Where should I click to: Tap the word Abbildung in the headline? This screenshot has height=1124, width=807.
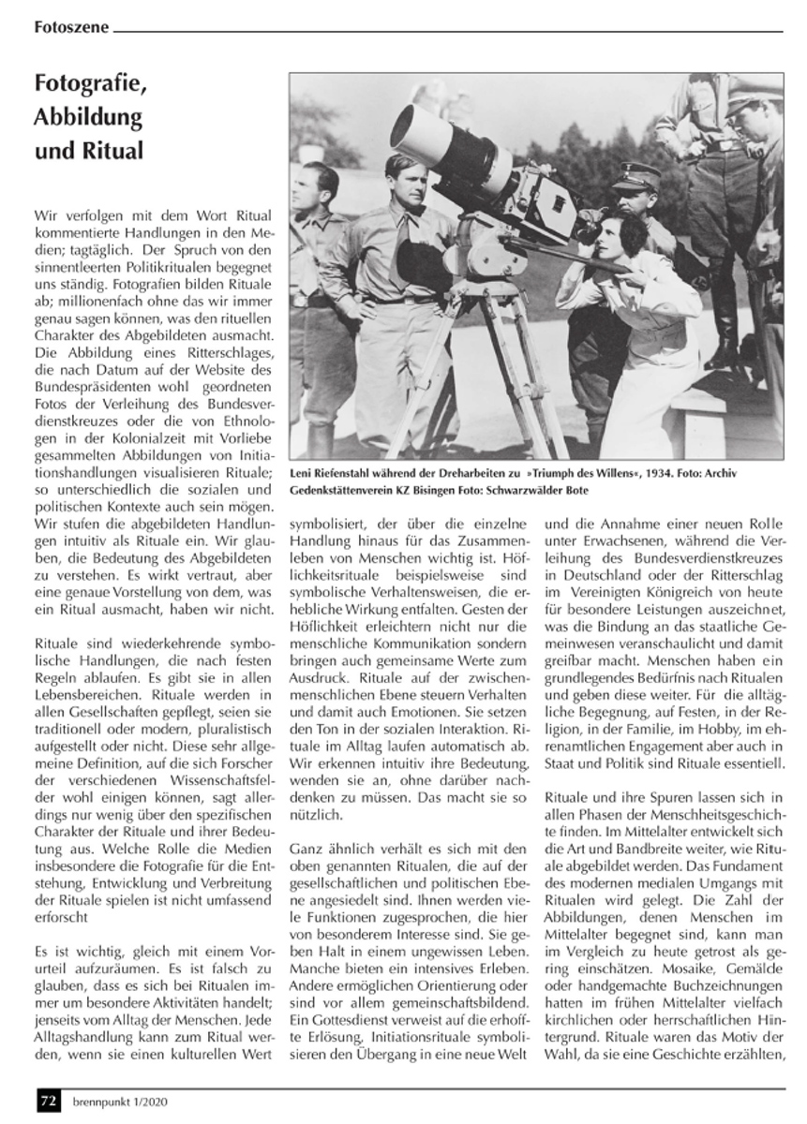click(x=88, y=119)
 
